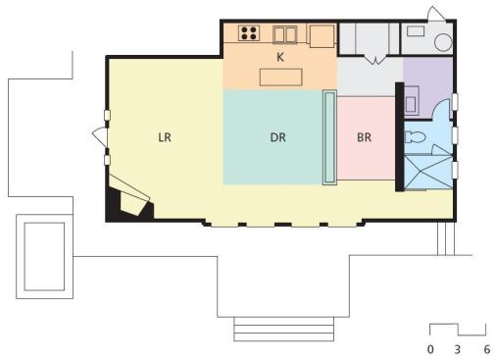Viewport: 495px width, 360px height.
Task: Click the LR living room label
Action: tap(165, 137)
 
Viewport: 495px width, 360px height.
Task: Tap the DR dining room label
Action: tap(278, 137)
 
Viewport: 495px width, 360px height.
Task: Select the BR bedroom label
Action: tap(364, 137)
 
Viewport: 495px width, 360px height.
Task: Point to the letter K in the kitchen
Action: tap(280, 57)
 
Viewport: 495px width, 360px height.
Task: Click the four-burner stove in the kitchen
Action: tap(249, 33)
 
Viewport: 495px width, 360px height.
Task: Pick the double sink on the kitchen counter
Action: tap(285, 34)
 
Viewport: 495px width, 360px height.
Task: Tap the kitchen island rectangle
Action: tap(281, 77)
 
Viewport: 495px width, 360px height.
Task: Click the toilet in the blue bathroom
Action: tap(415, 136)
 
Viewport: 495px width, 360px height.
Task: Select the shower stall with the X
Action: tap(428, 173)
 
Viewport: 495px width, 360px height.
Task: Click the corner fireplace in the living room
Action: tap(130, 199)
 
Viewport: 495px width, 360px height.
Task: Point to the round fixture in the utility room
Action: tap(443, 42)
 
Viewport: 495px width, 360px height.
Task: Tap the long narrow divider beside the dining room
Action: tap(329, 137)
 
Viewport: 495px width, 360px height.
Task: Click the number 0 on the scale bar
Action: tap(430, 349)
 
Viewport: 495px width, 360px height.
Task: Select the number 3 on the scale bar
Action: tap(458, 349)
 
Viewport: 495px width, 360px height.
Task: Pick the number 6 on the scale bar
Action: tap(487, 349)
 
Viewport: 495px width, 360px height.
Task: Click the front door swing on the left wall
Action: tap(100, 136)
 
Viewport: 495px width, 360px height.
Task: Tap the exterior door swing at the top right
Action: tap(436, 14)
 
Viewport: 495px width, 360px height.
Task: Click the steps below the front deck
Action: tap(284, 329)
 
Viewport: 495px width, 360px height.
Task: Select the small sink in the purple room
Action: tap(412, 100)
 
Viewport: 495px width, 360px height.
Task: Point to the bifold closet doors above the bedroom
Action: tap(375, 59)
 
